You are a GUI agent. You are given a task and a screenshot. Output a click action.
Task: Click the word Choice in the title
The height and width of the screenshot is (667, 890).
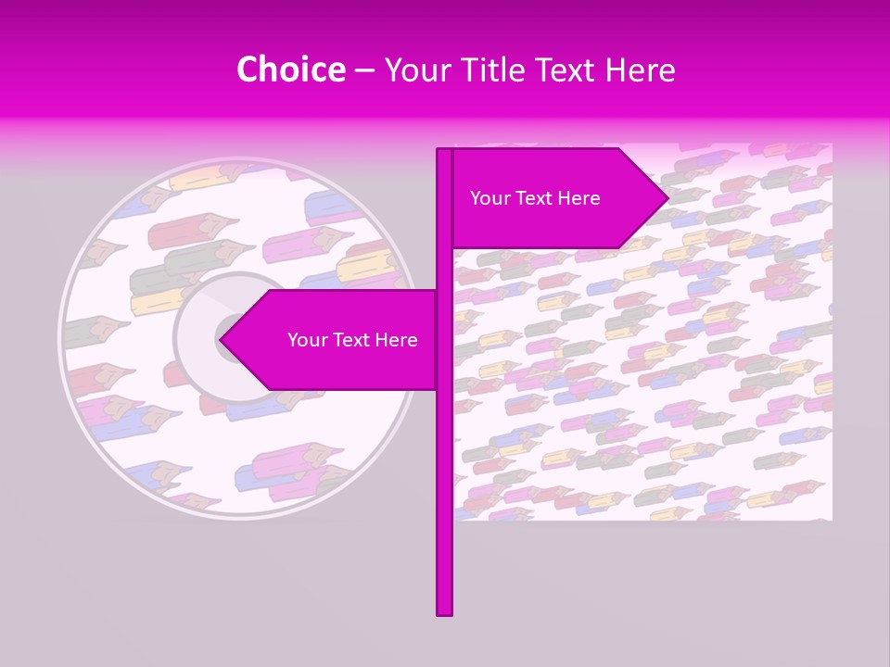[x=290, y=70]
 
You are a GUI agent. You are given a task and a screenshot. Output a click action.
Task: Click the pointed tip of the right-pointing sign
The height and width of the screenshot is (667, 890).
[x=667, y=197]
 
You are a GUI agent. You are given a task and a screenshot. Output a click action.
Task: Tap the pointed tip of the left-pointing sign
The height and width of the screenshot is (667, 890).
[x=221, y=340]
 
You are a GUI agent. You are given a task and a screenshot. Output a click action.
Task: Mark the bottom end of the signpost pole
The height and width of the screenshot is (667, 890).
[x=444, y=612]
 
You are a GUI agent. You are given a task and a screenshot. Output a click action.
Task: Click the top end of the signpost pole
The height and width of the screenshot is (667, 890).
[x=444, y=151]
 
